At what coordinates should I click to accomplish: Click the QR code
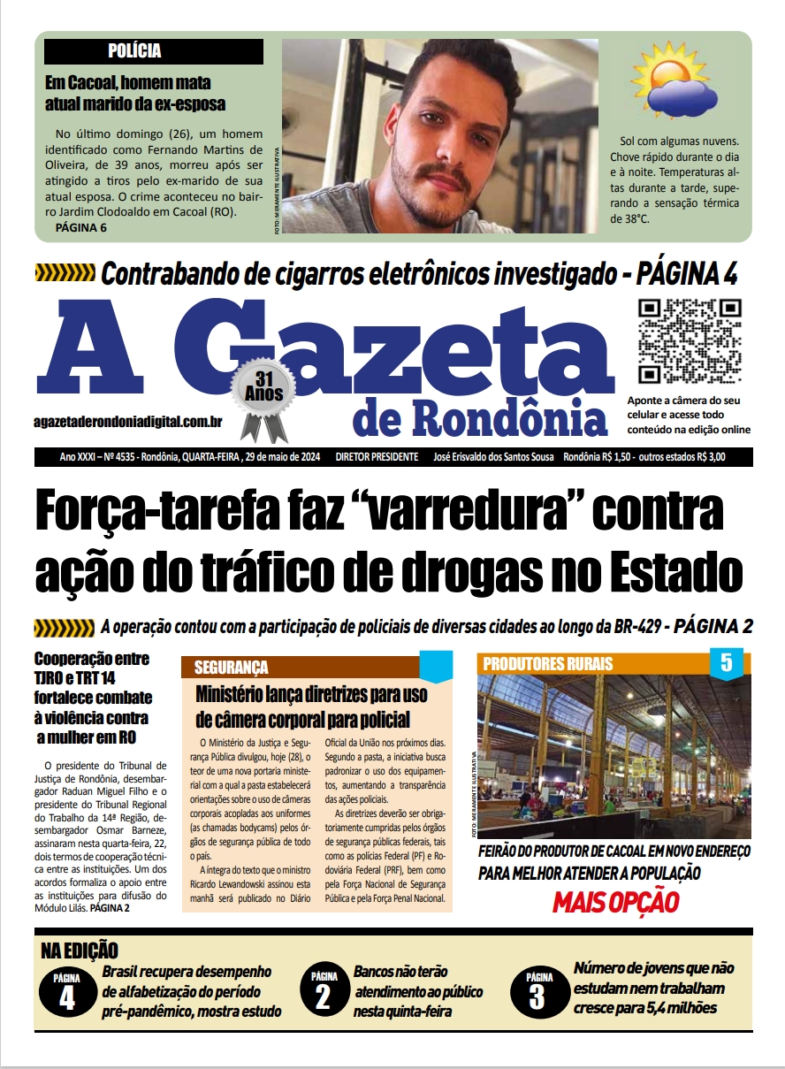tap(690, 340)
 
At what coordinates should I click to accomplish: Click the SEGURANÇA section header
tap(231, 668)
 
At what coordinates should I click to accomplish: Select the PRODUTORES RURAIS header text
tap(548, 664)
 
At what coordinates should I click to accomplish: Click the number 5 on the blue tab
tap(727, 663)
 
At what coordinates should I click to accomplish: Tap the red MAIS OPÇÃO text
tap(615, 903)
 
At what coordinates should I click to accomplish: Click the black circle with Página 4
tap(67, 992)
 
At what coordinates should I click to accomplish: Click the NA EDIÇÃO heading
tap(80, 951)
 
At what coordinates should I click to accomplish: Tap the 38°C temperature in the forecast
tap(629, 218)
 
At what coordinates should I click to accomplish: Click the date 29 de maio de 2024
tap(281, 457)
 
